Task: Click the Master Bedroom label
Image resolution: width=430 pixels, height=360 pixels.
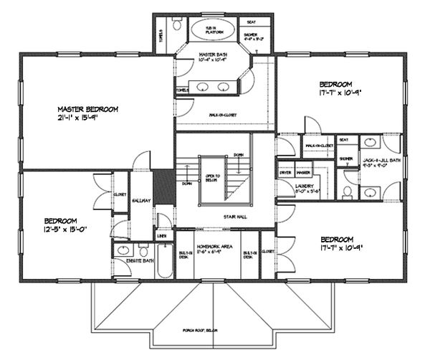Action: pos(88,110)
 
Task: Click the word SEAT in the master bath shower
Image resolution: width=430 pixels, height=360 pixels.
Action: pos(252,22)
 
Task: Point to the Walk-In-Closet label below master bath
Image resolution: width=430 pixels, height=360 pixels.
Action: pos(224,115)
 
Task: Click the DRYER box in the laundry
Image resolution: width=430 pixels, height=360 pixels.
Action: pos(285,174)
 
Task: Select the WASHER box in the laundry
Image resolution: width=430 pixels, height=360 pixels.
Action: pos(302,174)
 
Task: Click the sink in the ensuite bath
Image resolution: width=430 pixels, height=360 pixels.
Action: pos(123,252)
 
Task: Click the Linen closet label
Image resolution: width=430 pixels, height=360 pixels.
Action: pos(162,236)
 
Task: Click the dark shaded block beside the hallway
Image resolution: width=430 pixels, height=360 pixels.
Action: pos(163,186)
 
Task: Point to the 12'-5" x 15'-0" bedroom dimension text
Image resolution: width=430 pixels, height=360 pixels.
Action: pos(66,230)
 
